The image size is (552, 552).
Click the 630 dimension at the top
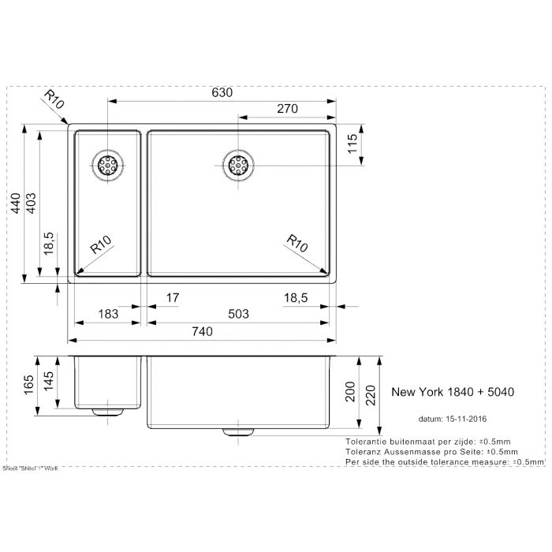222,93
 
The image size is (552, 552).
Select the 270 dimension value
287,109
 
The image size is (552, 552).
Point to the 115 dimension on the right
355,144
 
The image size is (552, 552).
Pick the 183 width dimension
107,314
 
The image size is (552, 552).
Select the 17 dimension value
173,297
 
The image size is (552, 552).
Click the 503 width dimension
237,314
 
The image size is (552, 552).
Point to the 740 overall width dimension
202,332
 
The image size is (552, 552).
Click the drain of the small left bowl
107,165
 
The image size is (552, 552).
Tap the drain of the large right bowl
237,165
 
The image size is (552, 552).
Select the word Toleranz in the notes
365,451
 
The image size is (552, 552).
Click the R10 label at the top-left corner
53,100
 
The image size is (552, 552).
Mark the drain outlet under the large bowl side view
237,432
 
